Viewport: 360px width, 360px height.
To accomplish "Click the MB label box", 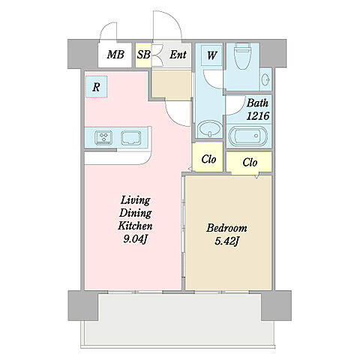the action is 115,55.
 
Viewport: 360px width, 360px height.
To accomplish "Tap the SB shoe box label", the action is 143,55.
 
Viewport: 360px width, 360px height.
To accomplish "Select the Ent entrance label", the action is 178,55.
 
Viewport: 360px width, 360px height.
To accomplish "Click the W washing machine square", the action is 211,55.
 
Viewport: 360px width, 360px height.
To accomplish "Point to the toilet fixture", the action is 242,56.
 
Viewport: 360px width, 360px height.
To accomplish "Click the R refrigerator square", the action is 96,87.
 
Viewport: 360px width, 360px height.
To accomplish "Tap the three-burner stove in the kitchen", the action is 103,137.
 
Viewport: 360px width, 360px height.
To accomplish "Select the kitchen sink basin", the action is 130,138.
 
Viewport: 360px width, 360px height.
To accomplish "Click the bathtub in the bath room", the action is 248,136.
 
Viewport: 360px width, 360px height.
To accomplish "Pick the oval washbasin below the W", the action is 210,129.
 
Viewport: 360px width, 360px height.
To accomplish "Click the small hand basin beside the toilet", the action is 265,80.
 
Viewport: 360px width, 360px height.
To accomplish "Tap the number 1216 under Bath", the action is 258,115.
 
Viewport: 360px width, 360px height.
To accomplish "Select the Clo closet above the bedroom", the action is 249,162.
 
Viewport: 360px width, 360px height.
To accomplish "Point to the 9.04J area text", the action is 134,239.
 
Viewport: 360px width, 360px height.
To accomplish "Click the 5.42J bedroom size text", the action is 227,241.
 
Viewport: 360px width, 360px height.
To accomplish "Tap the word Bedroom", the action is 226,228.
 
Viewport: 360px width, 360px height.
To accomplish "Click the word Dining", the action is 135,213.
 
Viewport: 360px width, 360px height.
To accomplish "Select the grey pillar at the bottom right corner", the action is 276,305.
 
